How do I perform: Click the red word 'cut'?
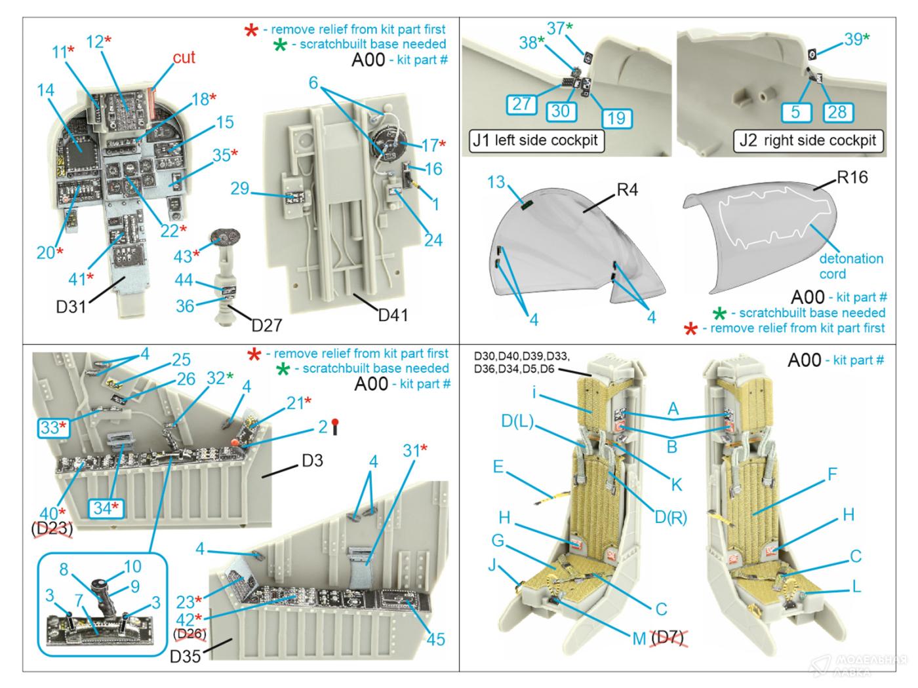(x=184, y=58)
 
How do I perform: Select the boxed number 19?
(x=616, y=118)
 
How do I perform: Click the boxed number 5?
(x=795, y=111)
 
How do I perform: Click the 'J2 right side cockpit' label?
(x=807, y=140)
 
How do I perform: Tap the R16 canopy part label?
(x=852, y=178)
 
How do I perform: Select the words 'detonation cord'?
(x=850, y=266)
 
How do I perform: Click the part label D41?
(x=393, y=315)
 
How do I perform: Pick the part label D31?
(x=70, y=306)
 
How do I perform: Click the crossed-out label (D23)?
(x=52, y=529)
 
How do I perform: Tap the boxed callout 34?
(x=108, y=507)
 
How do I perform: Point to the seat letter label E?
(x=498, y=467)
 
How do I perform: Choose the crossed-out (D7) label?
(x=668, y=638)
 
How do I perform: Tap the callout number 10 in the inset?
(x=132, y=565)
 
